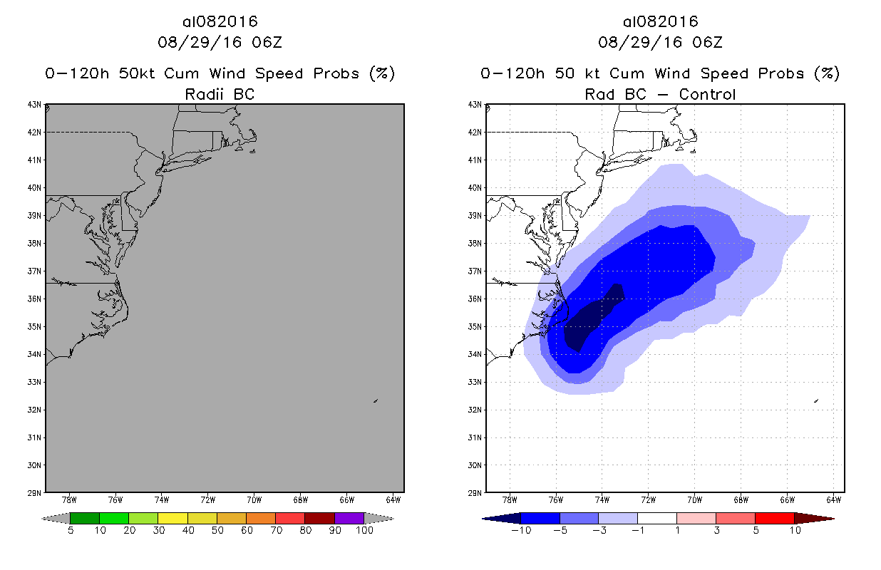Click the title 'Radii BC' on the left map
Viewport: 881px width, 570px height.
[220, 94]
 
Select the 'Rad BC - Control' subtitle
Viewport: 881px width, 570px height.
[660, 94]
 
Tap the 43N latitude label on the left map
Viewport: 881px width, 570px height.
[35, 105]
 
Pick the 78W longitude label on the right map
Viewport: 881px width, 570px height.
[510, 501]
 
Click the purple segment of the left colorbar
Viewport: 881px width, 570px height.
[349, 518]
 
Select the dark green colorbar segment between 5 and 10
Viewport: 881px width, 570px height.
[85, 518]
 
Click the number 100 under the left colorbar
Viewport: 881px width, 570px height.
[364, 530]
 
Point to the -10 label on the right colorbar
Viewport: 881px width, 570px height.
[521, 530]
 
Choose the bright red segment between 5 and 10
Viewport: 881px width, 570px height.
[774, 518]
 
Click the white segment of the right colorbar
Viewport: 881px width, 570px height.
[657, 518]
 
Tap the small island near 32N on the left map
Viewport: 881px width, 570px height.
[375, 400]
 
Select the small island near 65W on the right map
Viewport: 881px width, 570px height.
[815, 400]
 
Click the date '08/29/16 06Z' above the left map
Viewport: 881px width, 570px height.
[220, 42]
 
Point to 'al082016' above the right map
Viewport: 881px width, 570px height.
[660, 21]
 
